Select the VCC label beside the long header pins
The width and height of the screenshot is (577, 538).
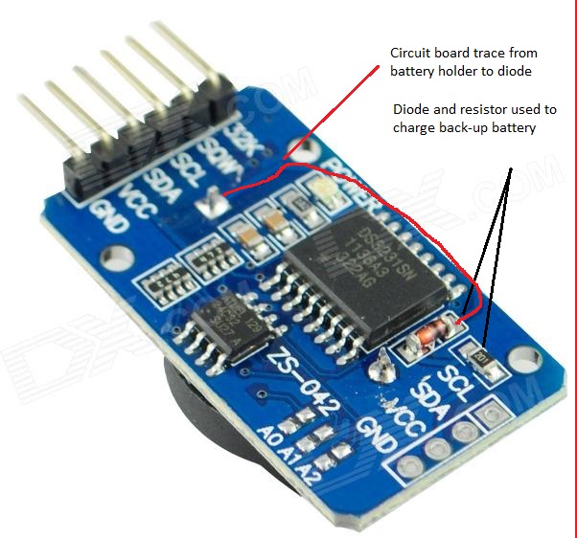click(134, 193)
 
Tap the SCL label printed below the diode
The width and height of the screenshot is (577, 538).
click(451, 378)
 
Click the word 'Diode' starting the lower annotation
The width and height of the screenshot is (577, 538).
click(410, 110)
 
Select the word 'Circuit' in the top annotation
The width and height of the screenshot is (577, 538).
click(411, 52)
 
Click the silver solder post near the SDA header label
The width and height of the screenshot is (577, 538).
click(206, 201)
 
